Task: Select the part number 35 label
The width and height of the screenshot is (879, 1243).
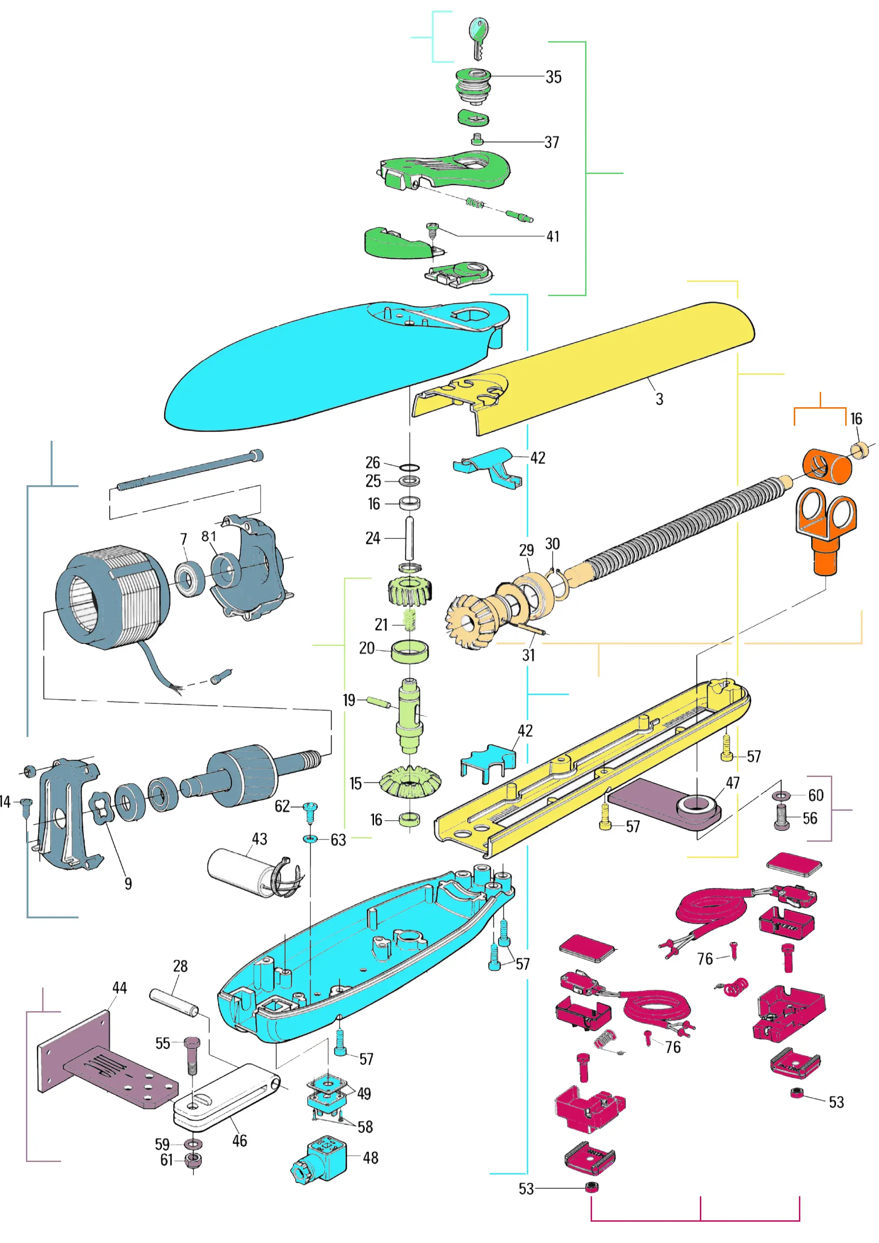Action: pos(553,77)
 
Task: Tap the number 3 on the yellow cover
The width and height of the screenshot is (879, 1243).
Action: pos(659,399)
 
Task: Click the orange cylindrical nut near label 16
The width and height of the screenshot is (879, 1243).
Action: pos(825,466)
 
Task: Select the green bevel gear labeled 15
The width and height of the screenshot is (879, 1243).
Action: pos(410,781)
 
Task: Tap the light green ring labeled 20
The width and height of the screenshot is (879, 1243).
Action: pos(410,651)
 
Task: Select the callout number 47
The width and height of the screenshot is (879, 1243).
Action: pos(732,783)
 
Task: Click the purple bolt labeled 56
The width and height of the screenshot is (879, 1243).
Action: pos(781,816)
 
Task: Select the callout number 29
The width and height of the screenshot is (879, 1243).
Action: pos(526,550)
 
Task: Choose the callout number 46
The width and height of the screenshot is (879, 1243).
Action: pos(239,1140)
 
